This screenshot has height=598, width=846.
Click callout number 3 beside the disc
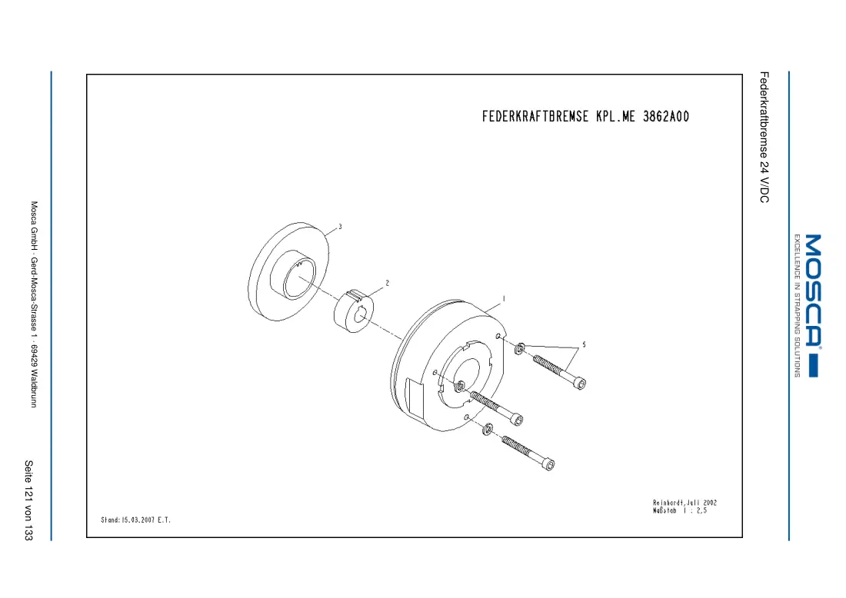(x=340, y=227)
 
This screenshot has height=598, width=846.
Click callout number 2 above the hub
(x=388, y=283)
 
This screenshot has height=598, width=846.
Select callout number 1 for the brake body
(x=504, y=299)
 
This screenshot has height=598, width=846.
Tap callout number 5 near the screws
(x=584, y=344)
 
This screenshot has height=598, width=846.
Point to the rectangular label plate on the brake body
(x=416, y=396)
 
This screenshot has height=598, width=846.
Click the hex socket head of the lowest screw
(x=549, y=464)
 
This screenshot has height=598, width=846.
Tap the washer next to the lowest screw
(x=487, y=429)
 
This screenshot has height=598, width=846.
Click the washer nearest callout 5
(x=520, y=348)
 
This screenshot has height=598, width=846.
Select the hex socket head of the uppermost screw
(x=581, y=384)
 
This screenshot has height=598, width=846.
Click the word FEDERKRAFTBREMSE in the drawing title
(x=535, y=117)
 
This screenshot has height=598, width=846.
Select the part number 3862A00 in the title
(x=666, y=117)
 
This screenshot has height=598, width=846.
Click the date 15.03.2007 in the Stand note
(x=138, y=520)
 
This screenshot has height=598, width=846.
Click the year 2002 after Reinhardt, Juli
(x=710, y=503)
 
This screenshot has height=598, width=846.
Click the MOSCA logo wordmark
(x=813, y=291)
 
